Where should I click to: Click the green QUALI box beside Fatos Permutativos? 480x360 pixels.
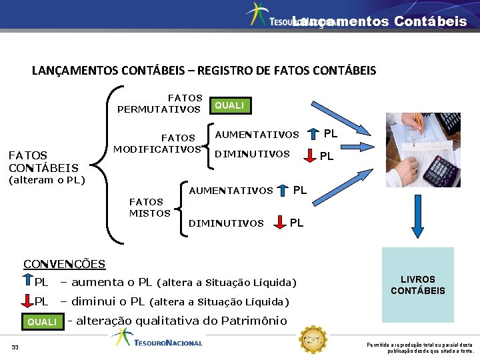click(229, 105)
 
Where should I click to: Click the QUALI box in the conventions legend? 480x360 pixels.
click(42, 322)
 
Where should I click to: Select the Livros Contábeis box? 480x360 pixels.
click(417, 285)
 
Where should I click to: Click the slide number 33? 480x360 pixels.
click(15, 347)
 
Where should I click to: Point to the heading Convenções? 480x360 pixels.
click(64, 264)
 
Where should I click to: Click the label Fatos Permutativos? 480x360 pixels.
click(160, 104)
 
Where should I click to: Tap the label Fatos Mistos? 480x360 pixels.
click(147, 207)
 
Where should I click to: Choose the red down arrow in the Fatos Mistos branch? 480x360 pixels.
click(279, 223)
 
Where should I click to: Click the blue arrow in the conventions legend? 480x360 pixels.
click(29, 281)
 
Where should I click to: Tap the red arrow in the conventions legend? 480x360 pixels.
click(29, 301)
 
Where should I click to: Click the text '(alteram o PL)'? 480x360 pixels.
click(47, 179)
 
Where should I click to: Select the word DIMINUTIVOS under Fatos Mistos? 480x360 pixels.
click(227, 223)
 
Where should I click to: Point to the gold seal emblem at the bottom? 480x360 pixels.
click(310, 339)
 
